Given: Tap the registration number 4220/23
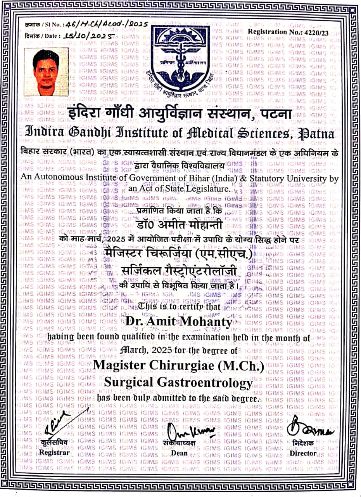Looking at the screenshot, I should tap(316, 33).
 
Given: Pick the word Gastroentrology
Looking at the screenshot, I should tap(204, 383).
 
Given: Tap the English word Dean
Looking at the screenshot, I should tap(179, 453).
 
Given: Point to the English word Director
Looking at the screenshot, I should tap(304, 453).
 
